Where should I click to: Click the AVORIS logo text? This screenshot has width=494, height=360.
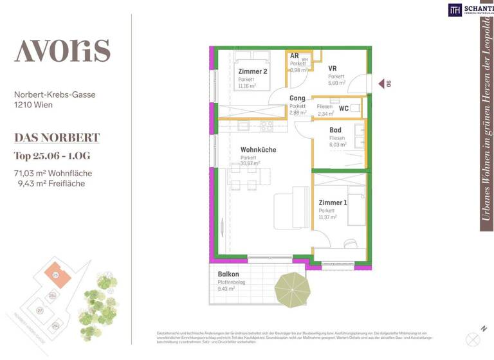(62, 51)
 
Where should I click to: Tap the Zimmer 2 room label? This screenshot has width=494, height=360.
(252, 71)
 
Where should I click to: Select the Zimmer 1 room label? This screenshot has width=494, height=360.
(333, 203)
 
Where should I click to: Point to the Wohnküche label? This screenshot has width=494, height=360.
(258, 150)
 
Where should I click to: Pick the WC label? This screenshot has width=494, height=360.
(344, 109)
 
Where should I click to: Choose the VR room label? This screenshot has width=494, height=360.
(333, 68)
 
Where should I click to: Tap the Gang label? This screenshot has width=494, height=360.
(297, 98)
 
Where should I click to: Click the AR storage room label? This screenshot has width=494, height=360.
(294, 57)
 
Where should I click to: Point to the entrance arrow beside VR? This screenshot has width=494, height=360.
(381, 84)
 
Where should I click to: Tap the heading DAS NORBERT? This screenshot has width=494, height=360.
(57, 138)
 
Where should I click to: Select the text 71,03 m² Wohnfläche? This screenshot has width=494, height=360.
(53, 173)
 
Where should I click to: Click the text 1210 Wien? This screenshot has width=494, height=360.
(33, 105)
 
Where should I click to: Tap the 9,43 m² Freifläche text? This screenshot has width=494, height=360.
(51, 183)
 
